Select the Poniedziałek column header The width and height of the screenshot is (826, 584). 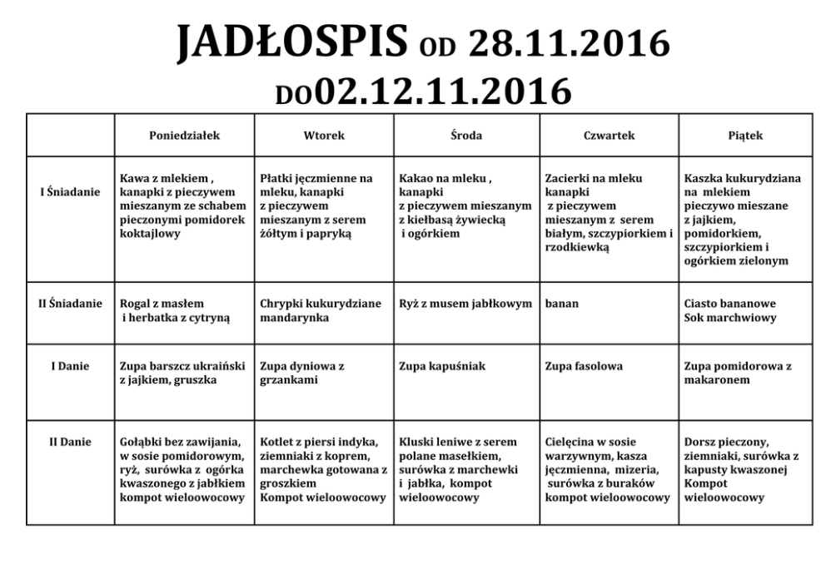point(184,136)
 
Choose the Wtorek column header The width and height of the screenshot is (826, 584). point(324,136)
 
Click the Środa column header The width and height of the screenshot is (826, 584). point(466,136)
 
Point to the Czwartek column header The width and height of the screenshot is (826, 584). point(610,136)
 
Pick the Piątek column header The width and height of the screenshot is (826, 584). point(745,136)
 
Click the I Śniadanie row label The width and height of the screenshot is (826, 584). point(70,192)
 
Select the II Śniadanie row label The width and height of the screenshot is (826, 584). point(70,304)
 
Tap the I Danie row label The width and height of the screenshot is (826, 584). point(70,366)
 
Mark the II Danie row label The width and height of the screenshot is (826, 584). point(70,442)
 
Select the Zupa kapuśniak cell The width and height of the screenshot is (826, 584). point(442,366)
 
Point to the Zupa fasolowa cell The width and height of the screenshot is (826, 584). point(584,366)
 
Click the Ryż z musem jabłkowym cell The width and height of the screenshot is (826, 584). point(465,304)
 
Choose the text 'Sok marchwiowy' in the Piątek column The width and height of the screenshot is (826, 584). point(730,318)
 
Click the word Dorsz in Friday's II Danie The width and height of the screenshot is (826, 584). point(701,442)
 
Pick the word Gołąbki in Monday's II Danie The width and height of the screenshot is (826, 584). point(145,442)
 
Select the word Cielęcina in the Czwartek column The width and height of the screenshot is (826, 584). point(575,442)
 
